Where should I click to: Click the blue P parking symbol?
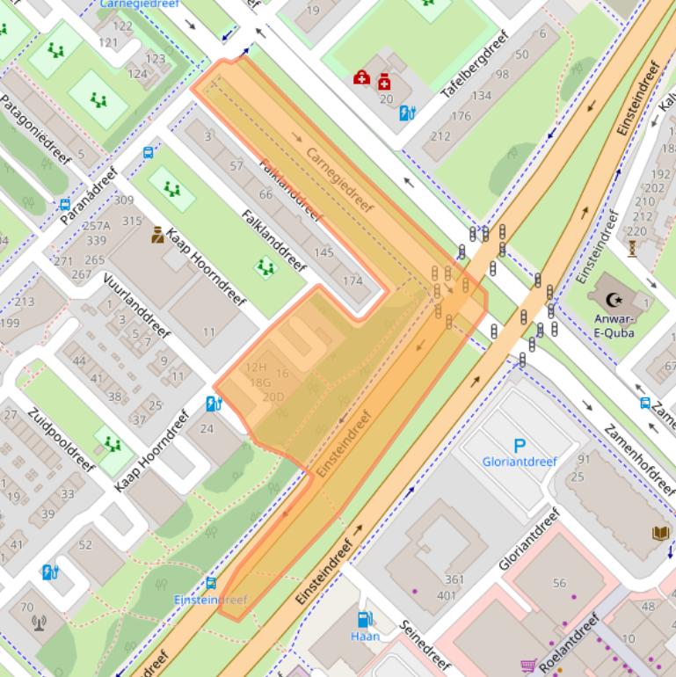tap(519, 447)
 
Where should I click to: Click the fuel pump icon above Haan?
tap(364, 619)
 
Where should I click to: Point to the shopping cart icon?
tap(527, 666)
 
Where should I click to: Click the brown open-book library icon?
tap(660, 533)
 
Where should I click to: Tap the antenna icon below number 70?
tap(39, 623)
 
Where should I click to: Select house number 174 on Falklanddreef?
tap(352, 281)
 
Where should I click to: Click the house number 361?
tap(454, 579)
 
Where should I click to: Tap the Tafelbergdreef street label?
tap(475, 69)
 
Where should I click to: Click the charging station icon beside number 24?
tap(213, 404)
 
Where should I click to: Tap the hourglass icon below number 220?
tap(632, 249)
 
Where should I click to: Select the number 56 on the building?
tap(559, 583)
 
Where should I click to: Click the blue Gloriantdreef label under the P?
tap(519, 462)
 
